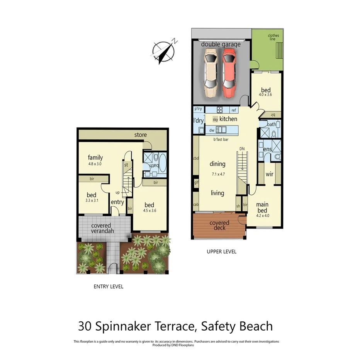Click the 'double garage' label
click(x=221, y=44)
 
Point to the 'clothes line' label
click(x=273, y=38)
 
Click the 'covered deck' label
click(x=219, y=225)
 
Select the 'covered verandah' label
click(x=101, y=228)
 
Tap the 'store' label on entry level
click(x=140, y=135)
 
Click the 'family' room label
click(x=95, y=157)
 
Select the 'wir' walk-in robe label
click(x=269, y=174)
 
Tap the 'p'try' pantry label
click(x=199, y=109)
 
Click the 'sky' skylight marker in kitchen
click(x=215, y=119)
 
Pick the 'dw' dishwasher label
click(x=212, y=130)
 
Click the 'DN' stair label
click(x=242, y=148)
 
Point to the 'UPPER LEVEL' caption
click(x=221, y=252)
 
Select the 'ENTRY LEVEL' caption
click(x=109, y=287)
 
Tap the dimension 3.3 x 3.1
click(x=92, y=200)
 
